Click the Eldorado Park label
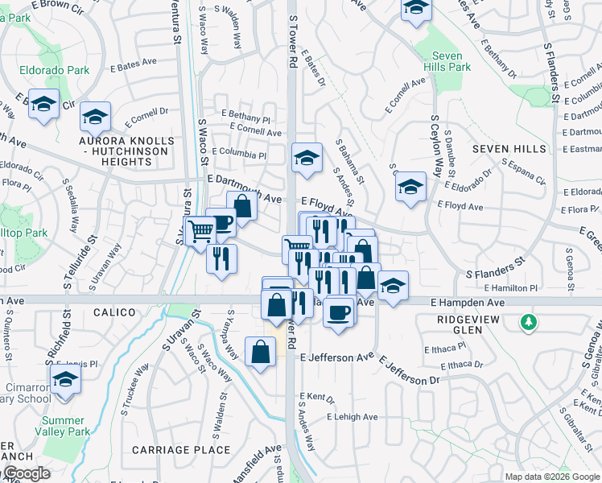pyautogui.click(x=56, y=70)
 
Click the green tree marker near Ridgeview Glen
pyautogui.click(x=529, y=322)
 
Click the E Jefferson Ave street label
pyautogui.click(x=337, y=357)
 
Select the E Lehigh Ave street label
pyautogui.click(x=352, y=417)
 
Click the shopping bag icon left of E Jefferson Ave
pyautogui.click(x=260, y=352)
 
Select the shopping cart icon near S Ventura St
pyautogui.click(x=200, y=231)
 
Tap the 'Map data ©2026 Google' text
pyautogui.click(x=551, y=477)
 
